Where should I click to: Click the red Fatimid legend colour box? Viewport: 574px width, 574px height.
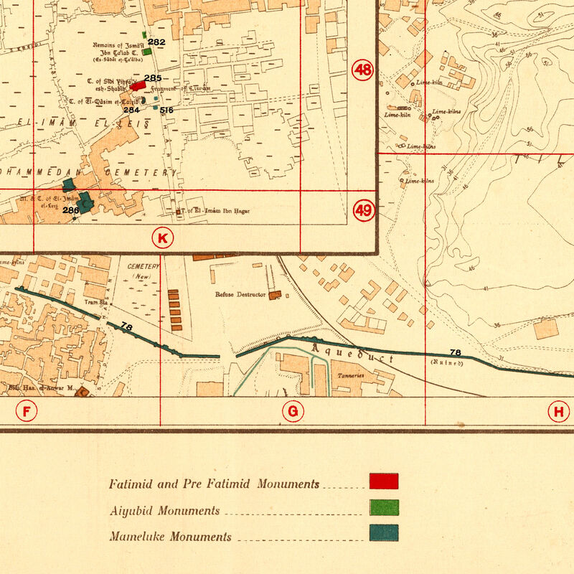tap(384, 481)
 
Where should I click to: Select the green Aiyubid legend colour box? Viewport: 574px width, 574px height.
tap(384, 508)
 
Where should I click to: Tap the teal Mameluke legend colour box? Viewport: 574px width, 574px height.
tap(384, 534)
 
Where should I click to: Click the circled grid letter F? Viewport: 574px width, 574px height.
tap(27, 411)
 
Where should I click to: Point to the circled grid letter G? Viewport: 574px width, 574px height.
tap(293, 411)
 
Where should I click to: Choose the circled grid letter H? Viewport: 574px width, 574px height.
tap(557, 411)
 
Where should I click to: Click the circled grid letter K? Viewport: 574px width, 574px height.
tap(162, 238)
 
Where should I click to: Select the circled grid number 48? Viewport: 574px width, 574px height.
tap(363, 70)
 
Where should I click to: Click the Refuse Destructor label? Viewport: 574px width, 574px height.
tap(241, 294)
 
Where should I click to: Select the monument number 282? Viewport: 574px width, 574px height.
tap(156, 42)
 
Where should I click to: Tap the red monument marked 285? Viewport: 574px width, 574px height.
tap(138, 85)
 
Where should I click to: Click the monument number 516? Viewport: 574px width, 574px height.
tap(166, 110)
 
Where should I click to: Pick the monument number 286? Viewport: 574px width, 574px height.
tap(70, 210)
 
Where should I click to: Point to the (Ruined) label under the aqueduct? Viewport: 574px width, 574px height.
tap(447, 363)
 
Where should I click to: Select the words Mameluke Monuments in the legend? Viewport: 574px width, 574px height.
tap(171, 537)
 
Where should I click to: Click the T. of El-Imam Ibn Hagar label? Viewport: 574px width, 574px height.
tap(213, 212)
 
